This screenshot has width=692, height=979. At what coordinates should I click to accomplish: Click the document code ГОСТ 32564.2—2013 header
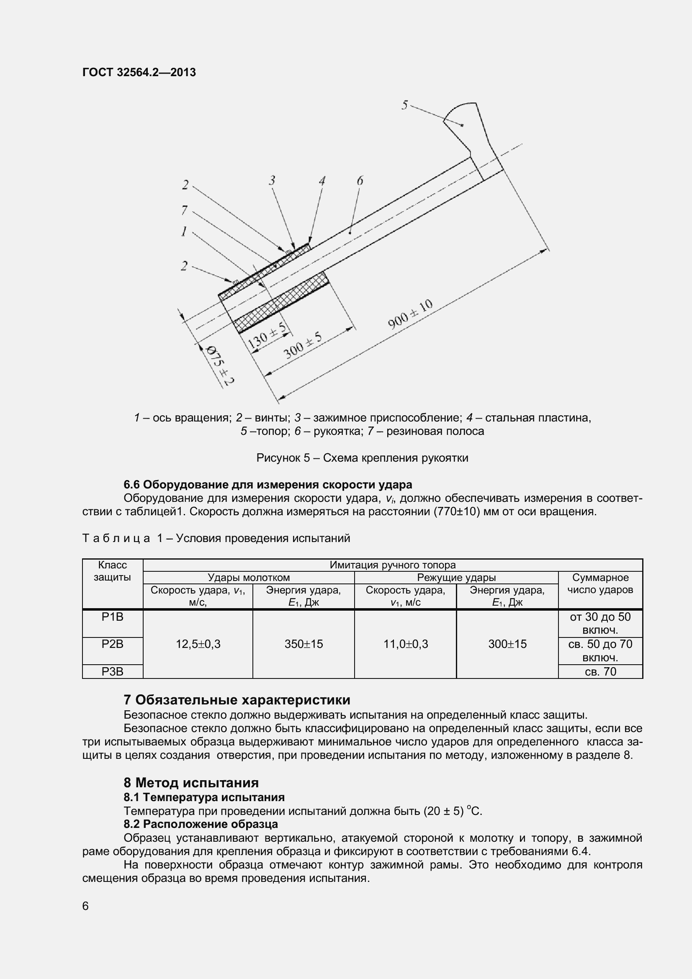[139, 72]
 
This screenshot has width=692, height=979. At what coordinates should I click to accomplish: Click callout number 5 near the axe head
[405, 105]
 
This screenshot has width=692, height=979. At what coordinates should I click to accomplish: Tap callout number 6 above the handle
[360, 181]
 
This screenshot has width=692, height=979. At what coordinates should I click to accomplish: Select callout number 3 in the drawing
[272, 181]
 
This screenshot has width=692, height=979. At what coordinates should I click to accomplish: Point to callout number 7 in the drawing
[184, 210]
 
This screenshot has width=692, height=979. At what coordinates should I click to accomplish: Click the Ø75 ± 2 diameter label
[221, 365]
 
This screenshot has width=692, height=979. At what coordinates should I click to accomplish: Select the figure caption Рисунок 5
[362, 458]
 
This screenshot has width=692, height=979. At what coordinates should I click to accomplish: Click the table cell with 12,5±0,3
[198, 644]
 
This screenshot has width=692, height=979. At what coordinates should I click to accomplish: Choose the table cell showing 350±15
[304, 644]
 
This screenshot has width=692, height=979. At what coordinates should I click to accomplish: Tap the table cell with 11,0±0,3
[406, 644]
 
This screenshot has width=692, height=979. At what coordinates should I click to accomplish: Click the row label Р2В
[113, 644]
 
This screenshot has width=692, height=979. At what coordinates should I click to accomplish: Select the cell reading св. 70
[600, 671]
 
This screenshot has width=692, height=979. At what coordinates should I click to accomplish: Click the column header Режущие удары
[456, 577]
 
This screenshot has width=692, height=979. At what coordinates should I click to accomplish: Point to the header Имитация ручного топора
[392, 565]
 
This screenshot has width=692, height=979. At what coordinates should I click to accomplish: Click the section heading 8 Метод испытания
[191, 783]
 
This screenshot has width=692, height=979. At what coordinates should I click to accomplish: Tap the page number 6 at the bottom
[85, 906]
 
